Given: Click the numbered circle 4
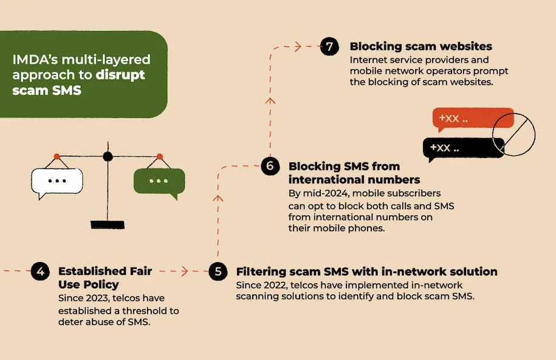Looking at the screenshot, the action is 40,271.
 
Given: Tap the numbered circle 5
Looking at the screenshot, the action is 218,271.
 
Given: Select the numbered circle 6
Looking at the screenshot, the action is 270,166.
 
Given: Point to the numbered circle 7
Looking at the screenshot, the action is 329,46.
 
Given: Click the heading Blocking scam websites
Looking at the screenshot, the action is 421,46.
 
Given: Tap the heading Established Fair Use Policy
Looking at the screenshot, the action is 105,278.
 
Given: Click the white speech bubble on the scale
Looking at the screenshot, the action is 57,183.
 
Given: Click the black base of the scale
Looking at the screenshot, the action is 108,224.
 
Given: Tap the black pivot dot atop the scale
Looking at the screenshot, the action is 108,156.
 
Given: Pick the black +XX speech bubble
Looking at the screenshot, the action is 464,149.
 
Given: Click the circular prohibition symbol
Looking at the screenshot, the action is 514,134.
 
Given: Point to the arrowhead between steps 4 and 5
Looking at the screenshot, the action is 185,271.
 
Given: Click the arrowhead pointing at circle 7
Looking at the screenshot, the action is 298,46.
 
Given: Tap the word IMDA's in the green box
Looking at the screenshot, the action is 35,59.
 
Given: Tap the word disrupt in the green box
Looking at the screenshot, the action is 120,75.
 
